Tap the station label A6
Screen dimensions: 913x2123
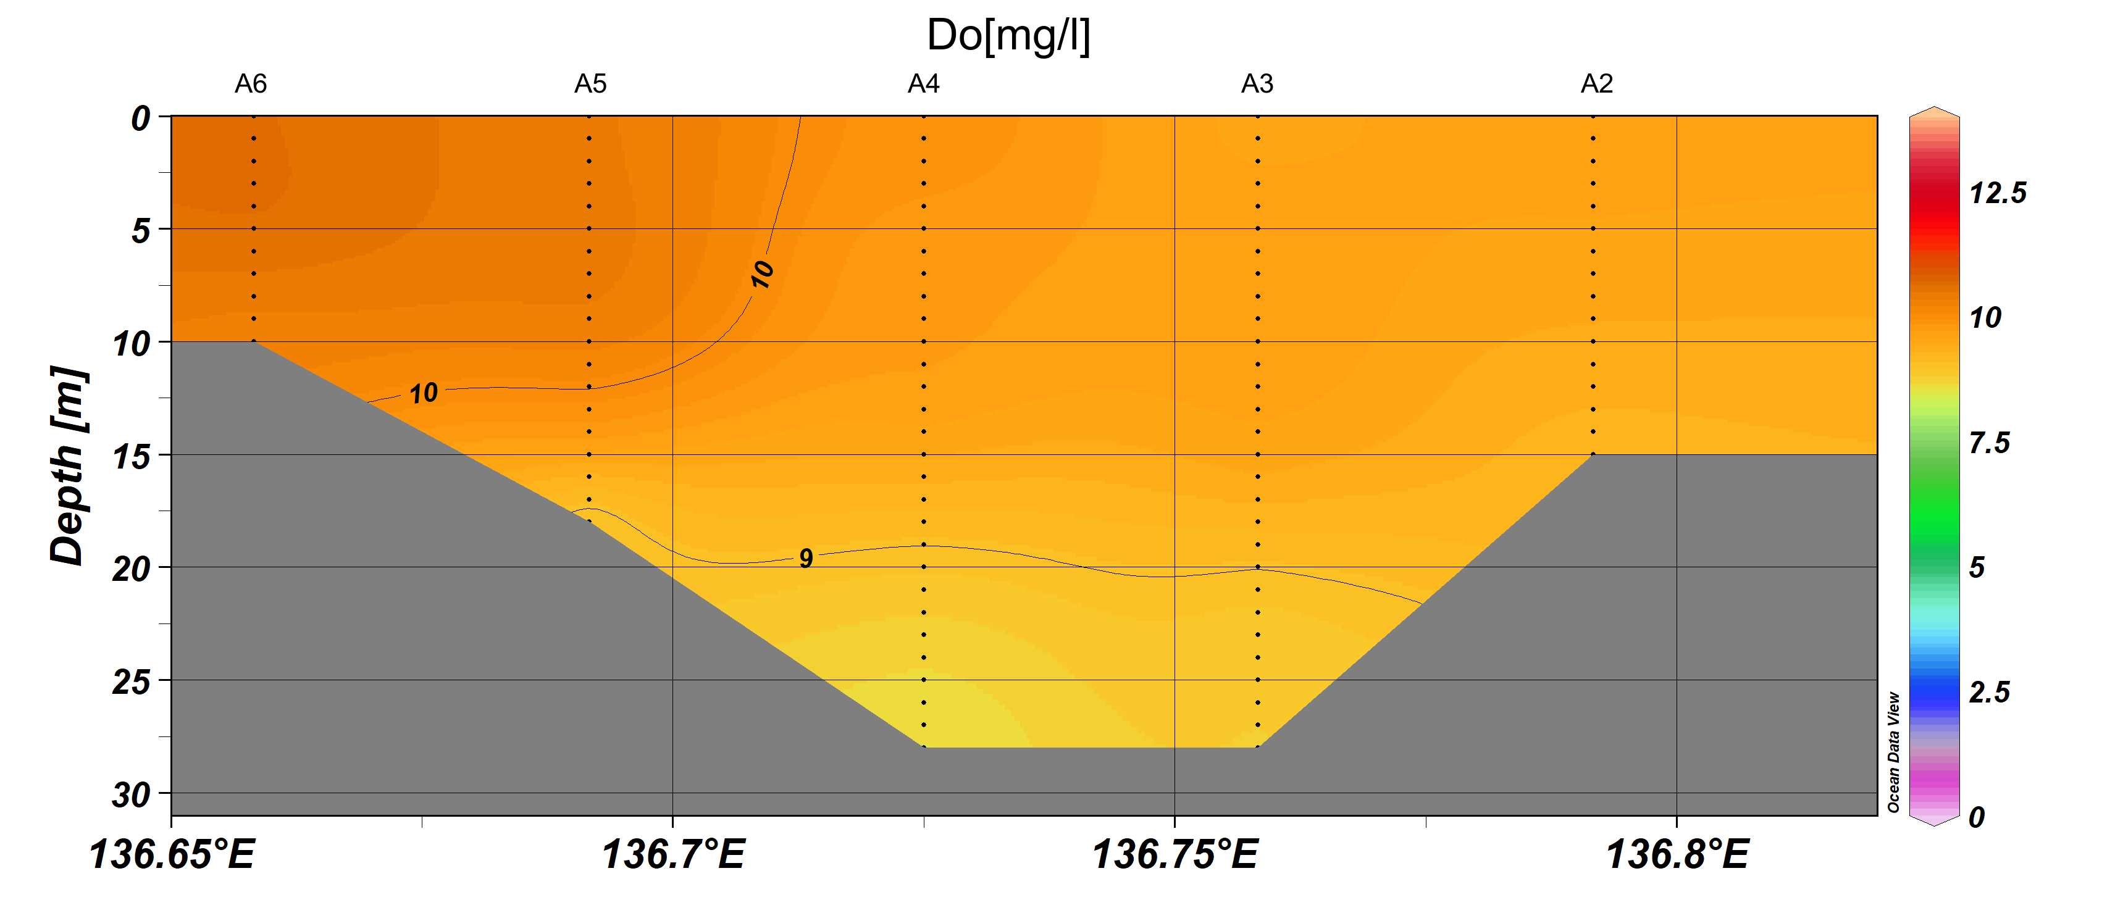click(251, 84)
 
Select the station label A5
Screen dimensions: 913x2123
click(590, 84)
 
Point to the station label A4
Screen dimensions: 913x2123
click(923, 84)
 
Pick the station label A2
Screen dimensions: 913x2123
click(1596, 84)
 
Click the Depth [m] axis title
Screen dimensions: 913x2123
click(67, 465)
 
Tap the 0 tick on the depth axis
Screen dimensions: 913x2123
click(141, 119)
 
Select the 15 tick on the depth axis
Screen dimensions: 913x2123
click(132, 457)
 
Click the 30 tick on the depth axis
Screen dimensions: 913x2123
click(132, 796)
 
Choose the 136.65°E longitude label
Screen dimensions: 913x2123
click(172, 854)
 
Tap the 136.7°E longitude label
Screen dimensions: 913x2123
click(673, 854)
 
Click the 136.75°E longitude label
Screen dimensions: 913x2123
click(1175, 854)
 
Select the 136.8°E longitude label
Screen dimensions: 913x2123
click(1677, 854)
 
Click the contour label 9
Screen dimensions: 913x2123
click(806, 559)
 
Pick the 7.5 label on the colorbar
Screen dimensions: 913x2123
click(1988, 443)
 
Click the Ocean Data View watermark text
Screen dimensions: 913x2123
click(1893, 751)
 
